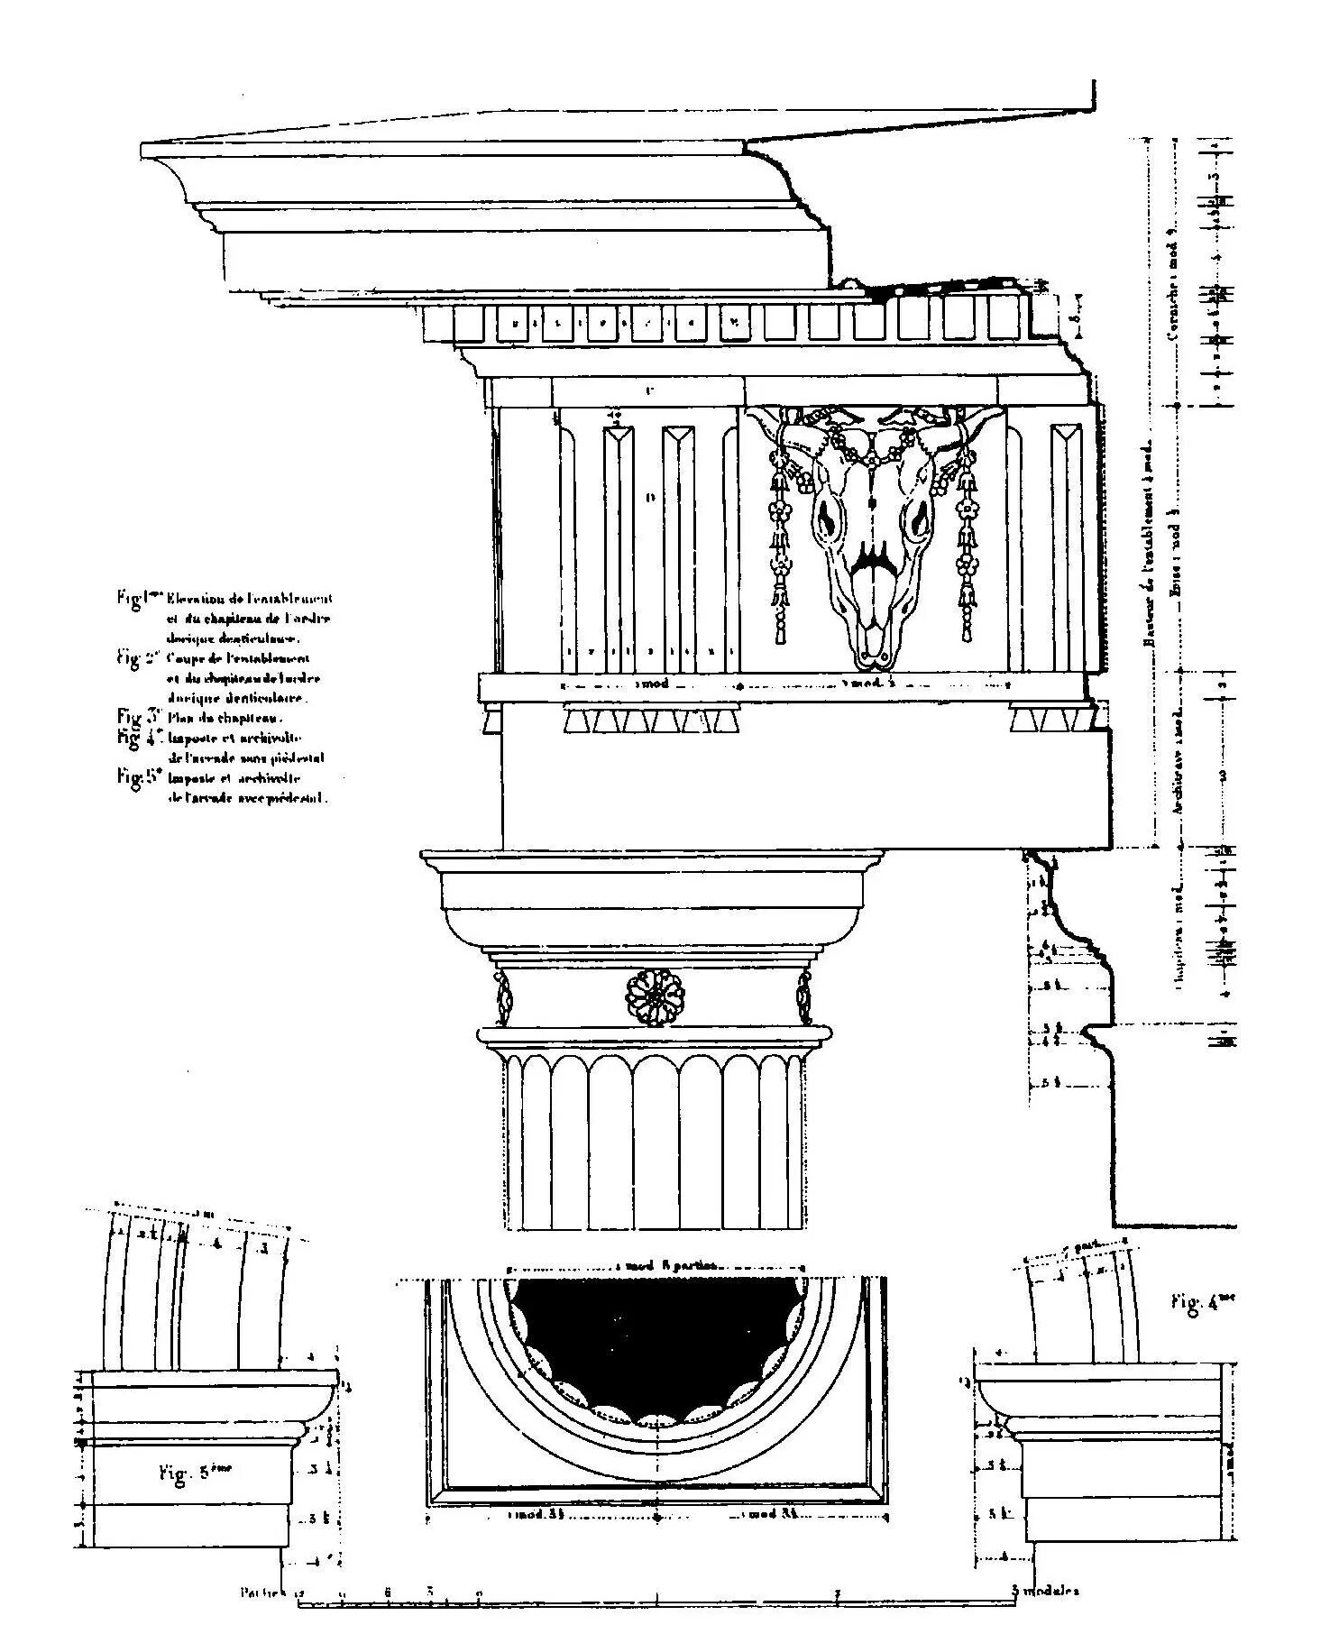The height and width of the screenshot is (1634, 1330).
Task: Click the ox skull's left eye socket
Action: [x=826, y=520]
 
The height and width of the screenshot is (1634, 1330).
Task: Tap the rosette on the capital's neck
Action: [x=656, y=996]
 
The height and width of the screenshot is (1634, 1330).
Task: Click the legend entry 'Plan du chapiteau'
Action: [x=225, y=719]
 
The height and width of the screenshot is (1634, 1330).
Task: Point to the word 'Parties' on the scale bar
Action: [x=261, y=1593]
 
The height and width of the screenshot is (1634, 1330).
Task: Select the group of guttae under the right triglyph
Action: [x=1046, y=720]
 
